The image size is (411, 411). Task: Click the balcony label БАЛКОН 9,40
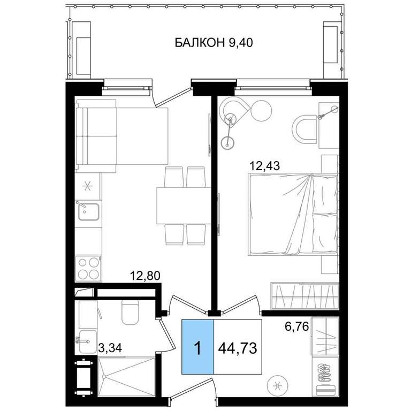[214, 42]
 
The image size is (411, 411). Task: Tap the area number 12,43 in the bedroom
[265, 166]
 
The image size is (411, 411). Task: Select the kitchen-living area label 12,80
[145, 276]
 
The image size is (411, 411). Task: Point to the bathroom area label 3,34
[110, 348]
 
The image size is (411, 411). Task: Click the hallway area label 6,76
[296, 326]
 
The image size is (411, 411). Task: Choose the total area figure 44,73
[238, 348]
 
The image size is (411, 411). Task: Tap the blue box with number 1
[198, 347]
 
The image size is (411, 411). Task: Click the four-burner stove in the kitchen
[88, 269]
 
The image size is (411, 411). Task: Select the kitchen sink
[88, 211]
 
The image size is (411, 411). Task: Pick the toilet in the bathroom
[130, 312]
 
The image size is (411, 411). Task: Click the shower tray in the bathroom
[126, 377]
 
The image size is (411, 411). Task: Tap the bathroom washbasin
[87, 341]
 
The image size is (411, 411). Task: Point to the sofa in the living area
[96, 136]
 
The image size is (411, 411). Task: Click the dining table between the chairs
[184, 205]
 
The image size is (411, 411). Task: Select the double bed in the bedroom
[293, 214]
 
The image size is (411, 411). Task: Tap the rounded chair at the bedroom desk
[305, 130]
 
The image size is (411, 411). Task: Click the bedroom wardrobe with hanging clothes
[305, 295]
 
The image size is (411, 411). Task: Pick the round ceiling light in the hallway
[277, 385]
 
